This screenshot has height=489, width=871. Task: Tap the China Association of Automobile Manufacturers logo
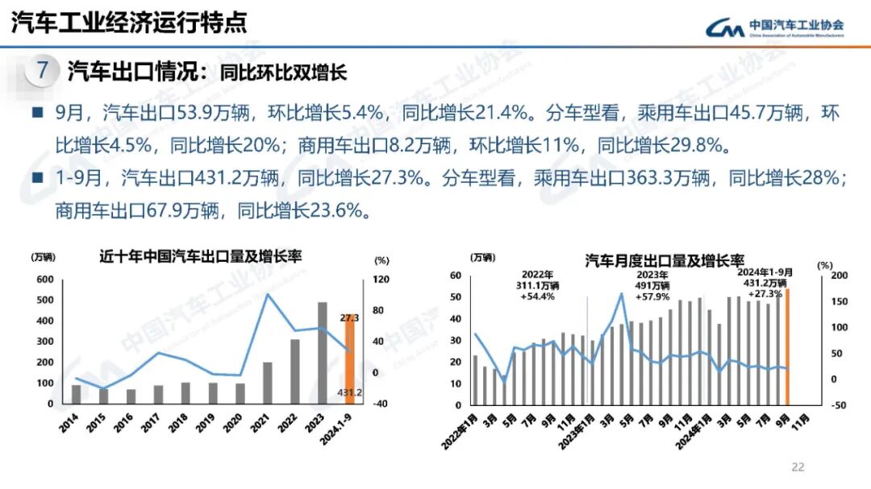pyautogui.click(x=774, y=28)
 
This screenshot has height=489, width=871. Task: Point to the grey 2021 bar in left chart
pyautogui.click(x=268, y=383)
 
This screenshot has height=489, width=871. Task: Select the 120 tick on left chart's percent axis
pyautogui.click(x=380, y=280)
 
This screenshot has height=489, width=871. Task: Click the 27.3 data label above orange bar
pyautogui.click(x=350, y=317)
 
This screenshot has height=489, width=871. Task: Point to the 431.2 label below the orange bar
pyautogui.click(x=349, y=392)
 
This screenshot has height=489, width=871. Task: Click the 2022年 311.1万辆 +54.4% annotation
pyautogui.click(x=538, y=285)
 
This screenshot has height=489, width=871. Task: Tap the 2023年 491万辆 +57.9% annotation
pyautogui.click(x=654, y=285)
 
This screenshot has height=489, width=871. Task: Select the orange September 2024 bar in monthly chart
pyautogui.click(x=787, y=346)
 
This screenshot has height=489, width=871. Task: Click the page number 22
pyautogui.click(x=798, y=467)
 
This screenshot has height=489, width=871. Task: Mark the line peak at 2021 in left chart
pyautogui.click(x=268, y=294)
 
